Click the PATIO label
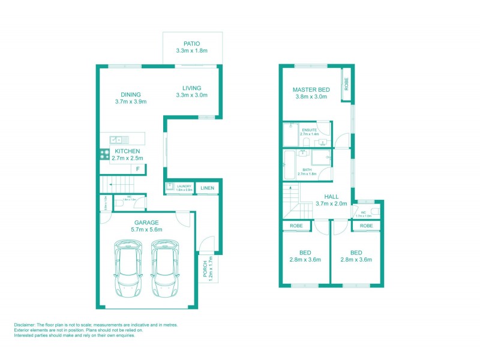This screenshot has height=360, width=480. [191, 43]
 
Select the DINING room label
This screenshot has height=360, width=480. [130, 94]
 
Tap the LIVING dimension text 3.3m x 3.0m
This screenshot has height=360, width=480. [191, 95]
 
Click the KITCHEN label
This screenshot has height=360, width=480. [128, 151]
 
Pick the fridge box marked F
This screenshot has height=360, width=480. [138, 169]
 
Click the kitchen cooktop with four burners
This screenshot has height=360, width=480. [104, 155]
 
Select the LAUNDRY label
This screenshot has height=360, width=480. [184, 187]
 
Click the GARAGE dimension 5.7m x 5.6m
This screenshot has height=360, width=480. [146, 230]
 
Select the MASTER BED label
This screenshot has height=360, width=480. [311, 90]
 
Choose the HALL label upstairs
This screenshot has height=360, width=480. [331, 196]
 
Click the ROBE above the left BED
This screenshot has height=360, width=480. [296, 226]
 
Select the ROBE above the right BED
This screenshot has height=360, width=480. [367, 226]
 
